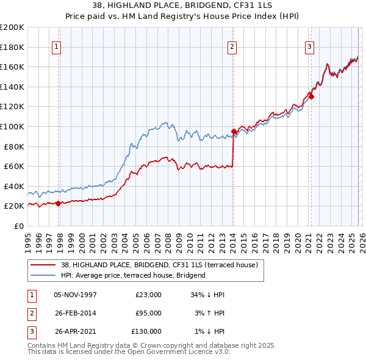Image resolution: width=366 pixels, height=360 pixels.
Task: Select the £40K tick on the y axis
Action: click(x=14, y=186)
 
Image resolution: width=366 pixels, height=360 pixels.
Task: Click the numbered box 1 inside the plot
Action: click(x=57, y=46)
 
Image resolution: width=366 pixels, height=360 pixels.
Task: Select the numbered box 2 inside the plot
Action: click(x=232, y=46)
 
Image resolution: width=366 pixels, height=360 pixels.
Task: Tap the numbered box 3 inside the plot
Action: click(x=309, y=46)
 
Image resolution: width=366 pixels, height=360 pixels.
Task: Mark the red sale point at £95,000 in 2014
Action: click(x=234, y=132)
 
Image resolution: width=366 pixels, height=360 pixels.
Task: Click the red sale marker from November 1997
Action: click(x=59, y=203)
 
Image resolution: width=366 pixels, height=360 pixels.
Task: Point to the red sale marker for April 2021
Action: click(x=311, y=96)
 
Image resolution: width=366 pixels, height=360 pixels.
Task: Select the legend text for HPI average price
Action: click(x=133, y=275)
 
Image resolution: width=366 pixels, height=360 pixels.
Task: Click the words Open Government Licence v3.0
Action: click(x=183, y=352)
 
